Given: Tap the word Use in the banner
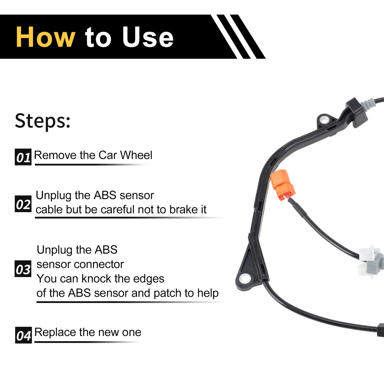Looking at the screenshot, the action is point(148,37).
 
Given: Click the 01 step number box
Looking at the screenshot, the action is point(23,157).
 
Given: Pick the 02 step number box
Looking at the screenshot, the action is point(23,204).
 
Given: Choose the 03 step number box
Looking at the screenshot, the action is point(23,268).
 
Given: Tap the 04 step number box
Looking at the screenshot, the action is point(23,335).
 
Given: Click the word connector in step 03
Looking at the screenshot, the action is point(99,264).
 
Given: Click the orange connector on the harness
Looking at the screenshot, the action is point(282,185).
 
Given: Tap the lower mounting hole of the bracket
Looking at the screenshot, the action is point(245,278).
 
